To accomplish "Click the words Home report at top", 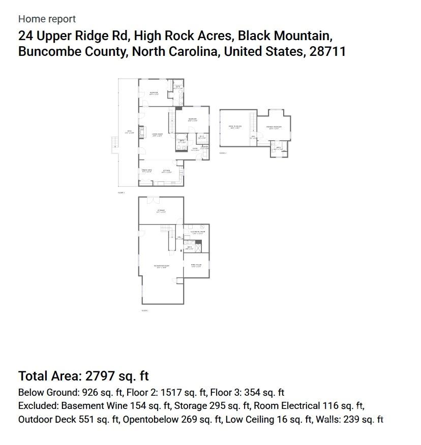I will click(47, 19).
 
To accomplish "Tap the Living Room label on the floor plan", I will click(157, 135).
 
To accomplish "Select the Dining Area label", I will click(146, 171).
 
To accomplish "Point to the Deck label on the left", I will click(130, 132).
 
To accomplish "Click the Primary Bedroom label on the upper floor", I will click(274, 127).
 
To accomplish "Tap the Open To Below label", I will click(234, 127).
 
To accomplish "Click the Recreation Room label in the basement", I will click(161, 266).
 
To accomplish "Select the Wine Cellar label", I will click(196, 266).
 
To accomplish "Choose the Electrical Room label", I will click(197, 232).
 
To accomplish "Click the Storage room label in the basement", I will click(161, 211).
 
